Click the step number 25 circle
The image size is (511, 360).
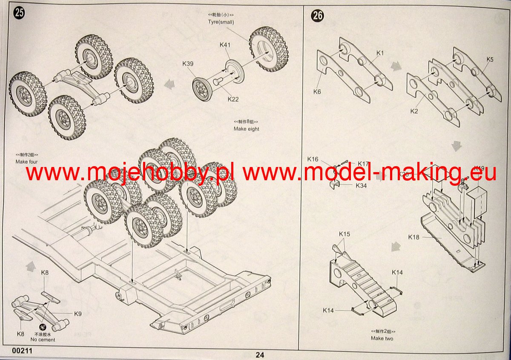coord(19,13)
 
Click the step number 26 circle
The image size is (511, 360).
coord(318,16)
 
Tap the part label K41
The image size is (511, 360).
coord(225,45)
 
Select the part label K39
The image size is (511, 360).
coord(188,64)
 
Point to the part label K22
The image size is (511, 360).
coord(233,99)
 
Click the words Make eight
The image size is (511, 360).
coord(246,129)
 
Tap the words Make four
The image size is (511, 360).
coord(27,161)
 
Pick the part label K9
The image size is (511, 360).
coord(78,314)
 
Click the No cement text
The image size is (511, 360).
coord(43,340)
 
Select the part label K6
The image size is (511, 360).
coord(317,91)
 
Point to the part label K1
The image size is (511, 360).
coord(380,53)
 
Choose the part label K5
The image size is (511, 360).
coord(490,60)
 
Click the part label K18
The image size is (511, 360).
coord(413,237)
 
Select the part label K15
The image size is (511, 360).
coord(344,234)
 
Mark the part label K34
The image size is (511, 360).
coord(360,186)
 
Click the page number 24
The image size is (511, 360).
coord(260,354)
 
